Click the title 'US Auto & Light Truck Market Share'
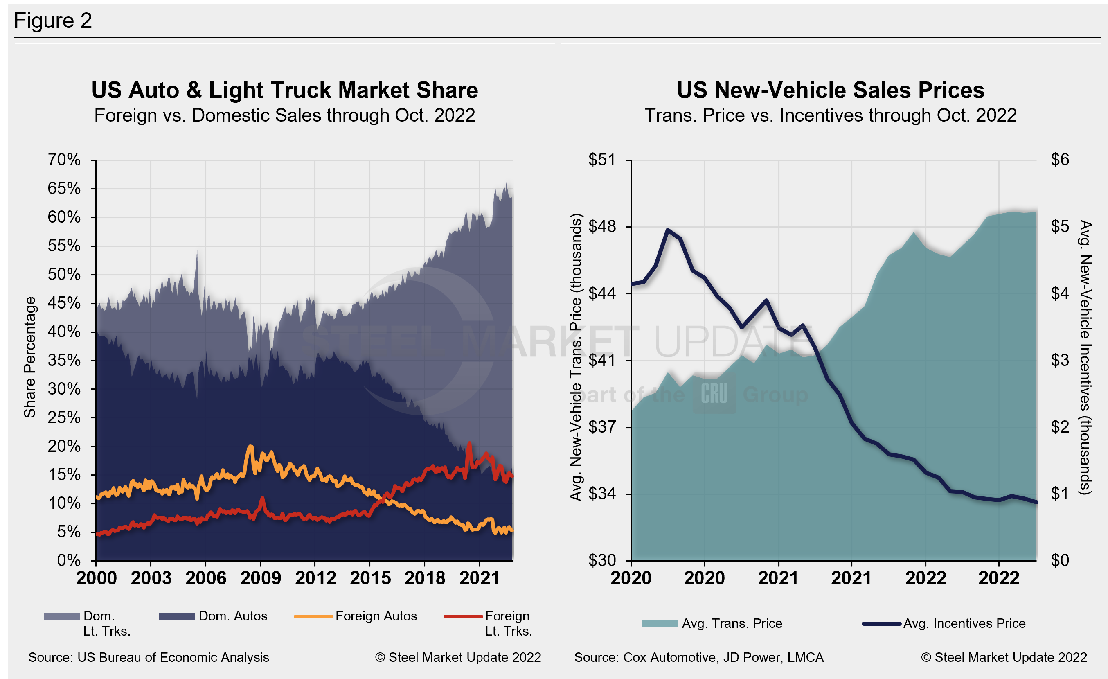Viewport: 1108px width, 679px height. tap(285, 90)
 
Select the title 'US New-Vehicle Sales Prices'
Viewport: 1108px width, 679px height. tap(831, 90)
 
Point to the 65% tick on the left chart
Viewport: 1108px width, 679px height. tap(64, 188)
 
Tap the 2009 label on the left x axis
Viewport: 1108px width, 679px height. tap(260, 578)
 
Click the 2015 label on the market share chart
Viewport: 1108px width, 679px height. tap(370, 578)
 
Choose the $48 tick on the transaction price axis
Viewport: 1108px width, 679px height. tap(602, 226)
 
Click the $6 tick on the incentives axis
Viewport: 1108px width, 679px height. tap(1059, 160)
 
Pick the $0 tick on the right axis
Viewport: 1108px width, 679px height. tap(1059, 560)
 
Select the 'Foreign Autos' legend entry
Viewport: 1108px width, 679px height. tap(376, 616)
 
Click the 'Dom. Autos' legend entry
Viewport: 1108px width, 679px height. tap(232, 616)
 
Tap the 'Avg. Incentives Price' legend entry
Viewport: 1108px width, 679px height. tap(964, 623)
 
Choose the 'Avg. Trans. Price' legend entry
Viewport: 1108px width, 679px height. tap(732, 623)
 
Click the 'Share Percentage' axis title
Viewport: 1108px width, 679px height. tap(30, 357)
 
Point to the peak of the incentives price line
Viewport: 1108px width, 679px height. tap(668, 230)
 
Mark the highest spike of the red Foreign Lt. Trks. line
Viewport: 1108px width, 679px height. tap(469, 443)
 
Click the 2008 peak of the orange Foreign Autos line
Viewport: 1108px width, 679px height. tap(250, 447)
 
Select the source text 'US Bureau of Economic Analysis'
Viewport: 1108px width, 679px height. tap(173, 657)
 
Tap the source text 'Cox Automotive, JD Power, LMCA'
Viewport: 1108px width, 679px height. tap(723, 657)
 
